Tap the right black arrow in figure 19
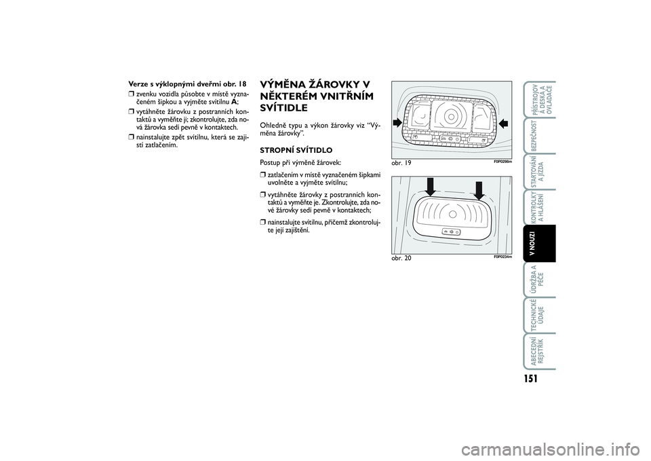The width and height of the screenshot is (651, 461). pos(503,123)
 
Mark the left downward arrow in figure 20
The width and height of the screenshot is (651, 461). pos(431,185)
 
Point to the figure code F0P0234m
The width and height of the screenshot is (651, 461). pos(502,257)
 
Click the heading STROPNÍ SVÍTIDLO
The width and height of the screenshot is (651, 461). pos(296,149)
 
